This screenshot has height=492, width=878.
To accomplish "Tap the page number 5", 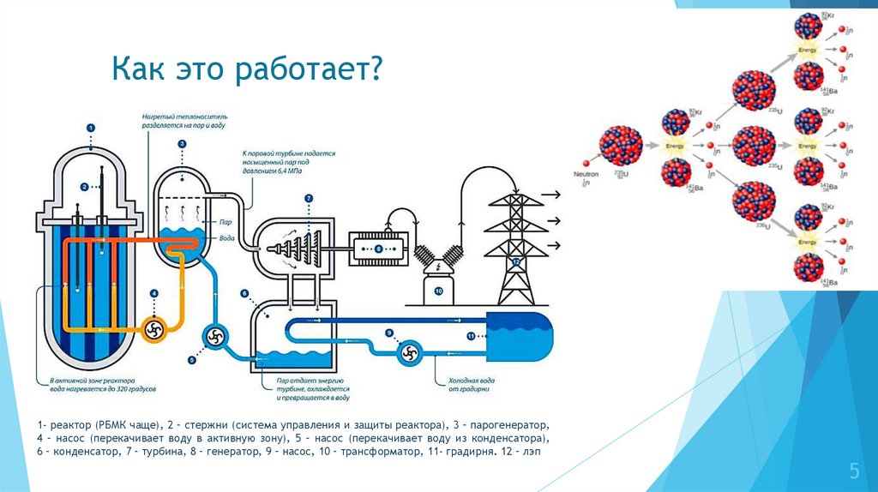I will click(853, 470).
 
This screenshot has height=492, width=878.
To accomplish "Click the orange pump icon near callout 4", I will click(154, 330).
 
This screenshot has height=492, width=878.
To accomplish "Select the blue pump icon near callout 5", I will click(213, 336).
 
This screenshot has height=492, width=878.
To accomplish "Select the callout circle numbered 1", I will click(90, 128).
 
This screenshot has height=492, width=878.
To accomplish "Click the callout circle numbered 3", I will click(182, 144).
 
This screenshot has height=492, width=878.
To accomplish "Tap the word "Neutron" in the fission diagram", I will click(586, 174).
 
